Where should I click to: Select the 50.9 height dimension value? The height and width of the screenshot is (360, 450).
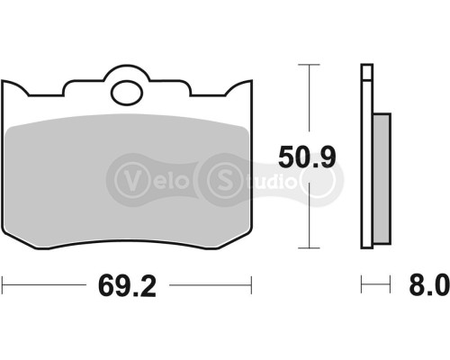coord(306,158)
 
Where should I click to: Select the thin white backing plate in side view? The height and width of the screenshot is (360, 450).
coord(365,157)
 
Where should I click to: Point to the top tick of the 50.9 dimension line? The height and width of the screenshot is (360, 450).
coord(309,65)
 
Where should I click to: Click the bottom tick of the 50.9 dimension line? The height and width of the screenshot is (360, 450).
coord(309,248)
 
